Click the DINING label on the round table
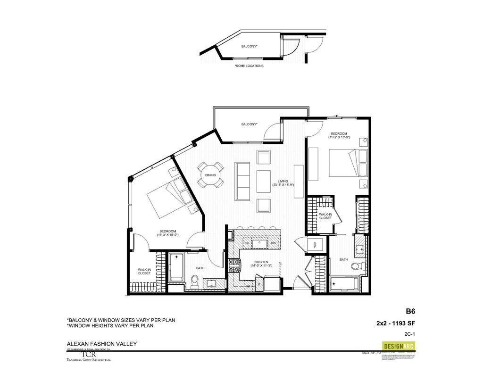point(210,175)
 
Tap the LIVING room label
point(283,181)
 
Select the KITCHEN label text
point(261,262)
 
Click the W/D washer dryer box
point(315,244)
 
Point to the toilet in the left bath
point(194,282)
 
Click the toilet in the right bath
point(357,266)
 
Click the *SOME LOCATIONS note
point(249,66)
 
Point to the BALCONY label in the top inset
point(249,46)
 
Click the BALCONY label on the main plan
point(249,124)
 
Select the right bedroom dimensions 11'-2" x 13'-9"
point(340,137)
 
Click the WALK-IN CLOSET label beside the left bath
point(144,272)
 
